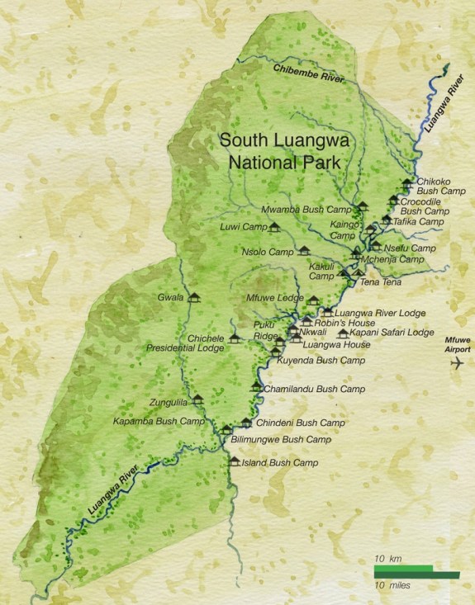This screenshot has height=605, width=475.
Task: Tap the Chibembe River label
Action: tap(309, 73)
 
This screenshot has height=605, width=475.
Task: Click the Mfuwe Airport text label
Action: tap(457, 344)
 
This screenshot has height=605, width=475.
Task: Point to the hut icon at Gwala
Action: tap(195, 297)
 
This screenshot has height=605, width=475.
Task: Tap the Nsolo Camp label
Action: tap(268, 251)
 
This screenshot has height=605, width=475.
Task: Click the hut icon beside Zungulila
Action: tap(197, 400)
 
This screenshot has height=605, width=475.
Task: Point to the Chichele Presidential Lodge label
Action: tap(185, 343)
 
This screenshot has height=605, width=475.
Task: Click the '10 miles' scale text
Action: tap(392, 584)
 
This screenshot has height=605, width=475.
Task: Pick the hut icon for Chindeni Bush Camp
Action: tap(246, 423)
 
